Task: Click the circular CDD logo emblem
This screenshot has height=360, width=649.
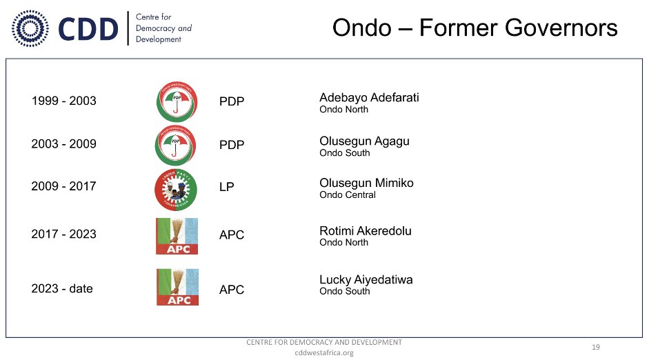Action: (30, 28)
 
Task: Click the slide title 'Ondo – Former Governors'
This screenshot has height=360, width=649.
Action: (475, 28)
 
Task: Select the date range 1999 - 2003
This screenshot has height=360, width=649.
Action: (63, 101)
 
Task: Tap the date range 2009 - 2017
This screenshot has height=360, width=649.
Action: (63, 186)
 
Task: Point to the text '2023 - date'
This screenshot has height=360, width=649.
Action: (62, 288)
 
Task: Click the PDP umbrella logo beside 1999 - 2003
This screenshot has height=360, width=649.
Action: (177, 102)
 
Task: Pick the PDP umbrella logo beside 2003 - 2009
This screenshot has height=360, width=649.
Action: (175, 146)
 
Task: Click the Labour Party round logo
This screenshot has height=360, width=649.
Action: (176, 190)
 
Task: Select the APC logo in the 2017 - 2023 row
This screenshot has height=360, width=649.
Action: (177, 236)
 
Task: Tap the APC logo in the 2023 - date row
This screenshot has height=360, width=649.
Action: (177, 287)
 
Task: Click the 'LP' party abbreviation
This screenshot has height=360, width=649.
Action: (227, 187)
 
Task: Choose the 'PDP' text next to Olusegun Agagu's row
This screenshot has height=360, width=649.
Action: (232, 145)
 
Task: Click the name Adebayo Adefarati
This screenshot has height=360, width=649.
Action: (369, 98)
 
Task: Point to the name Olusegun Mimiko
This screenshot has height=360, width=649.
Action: (366, 183)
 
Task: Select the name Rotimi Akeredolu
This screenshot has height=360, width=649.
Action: (366, 231)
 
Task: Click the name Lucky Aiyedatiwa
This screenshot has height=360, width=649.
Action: (366, 280)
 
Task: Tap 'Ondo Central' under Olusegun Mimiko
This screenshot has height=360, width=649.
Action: (348, 195)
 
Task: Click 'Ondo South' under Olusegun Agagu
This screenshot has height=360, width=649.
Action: (345, 153)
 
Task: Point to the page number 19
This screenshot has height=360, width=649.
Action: (596, 347)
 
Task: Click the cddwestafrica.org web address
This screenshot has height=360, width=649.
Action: (324, 353)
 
